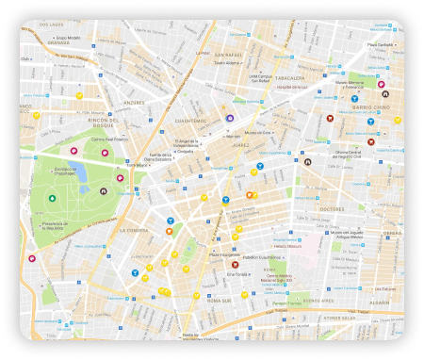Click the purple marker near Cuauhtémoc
[229, 119]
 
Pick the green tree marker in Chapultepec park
[52, 198]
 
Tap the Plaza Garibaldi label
[379, 44]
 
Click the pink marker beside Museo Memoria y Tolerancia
[382, 85]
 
